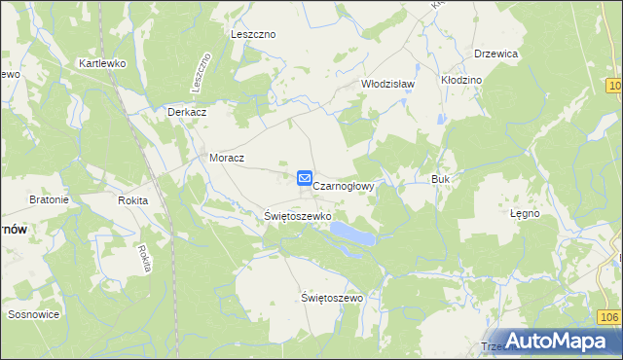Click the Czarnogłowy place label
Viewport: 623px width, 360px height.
pyautogui.click(x=344, y=183)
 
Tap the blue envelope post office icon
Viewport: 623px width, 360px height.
pyautogui.click(x=304, y=178)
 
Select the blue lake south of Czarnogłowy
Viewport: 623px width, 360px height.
pyautogui.click(x=351, y=233)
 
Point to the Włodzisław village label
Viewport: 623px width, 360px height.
pyautogui.click(x=388, y=84)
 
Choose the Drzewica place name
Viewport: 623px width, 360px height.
pyautogui.click(x=495, y=54)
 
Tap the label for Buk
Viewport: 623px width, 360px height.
pyautogui.click(x=439, y=180)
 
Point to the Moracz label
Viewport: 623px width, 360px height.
pyautogui.click(x=227, y=157)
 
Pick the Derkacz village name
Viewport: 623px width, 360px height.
pyautogui.click(x=186, y=112)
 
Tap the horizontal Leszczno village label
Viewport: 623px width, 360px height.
pyautogui.click(x=253, y=34)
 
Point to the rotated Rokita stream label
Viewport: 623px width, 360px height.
pyautogui.click(x=144, y=258)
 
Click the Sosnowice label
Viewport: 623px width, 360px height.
pyautogui.click(x=34, y=314)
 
